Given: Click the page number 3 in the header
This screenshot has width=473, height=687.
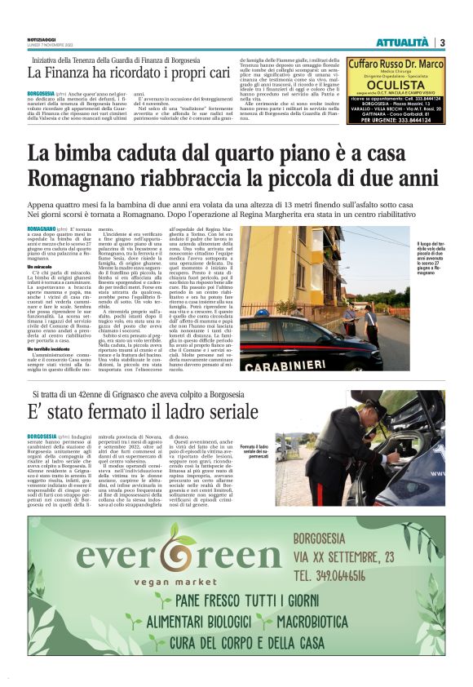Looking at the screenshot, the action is tap(441, 42).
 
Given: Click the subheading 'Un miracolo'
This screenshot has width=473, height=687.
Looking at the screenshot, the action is tap(40, 267).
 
